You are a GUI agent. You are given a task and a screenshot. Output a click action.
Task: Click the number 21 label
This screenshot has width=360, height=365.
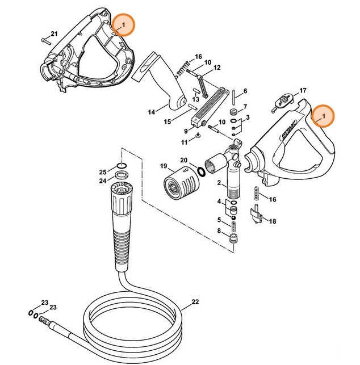coord(55,35)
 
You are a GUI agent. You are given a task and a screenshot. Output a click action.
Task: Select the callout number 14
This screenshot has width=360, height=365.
coord(152,112)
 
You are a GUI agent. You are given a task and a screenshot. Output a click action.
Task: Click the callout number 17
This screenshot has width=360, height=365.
coord(303,90)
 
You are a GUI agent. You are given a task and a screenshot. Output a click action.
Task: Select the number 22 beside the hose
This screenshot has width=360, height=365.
coord(195,301)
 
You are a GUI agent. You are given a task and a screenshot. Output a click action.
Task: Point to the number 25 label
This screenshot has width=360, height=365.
coord(103,172)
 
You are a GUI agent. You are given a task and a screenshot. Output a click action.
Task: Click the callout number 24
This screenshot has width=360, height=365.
coord(103,181)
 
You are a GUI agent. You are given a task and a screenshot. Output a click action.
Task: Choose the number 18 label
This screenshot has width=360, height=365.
coord(273,221)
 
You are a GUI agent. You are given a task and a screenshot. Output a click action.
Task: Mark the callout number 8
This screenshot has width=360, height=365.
coord(219,230)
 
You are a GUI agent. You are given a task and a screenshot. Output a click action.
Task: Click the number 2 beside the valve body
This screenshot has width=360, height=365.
coord(219,183)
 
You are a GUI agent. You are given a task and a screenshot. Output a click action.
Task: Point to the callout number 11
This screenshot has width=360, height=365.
coord(184,141)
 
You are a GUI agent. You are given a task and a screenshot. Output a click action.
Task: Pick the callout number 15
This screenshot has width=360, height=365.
coord(168,122)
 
